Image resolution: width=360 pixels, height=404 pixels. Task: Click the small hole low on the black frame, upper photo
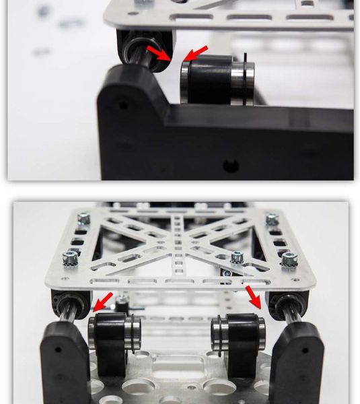tap(231, 164)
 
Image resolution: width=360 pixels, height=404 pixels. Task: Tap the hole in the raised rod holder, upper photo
tap(122, 105)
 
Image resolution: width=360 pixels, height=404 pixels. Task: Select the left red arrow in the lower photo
tap(102, 301)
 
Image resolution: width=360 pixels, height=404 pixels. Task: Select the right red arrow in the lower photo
tap(254, 296)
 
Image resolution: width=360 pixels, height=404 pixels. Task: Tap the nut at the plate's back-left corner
tap(83, 217)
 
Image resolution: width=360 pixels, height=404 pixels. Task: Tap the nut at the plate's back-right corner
tap(272, 219)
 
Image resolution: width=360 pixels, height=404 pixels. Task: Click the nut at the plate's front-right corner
tap(289, 258)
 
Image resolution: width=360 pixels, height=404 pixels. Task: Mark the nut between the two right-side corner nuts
tap(237, 257)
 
